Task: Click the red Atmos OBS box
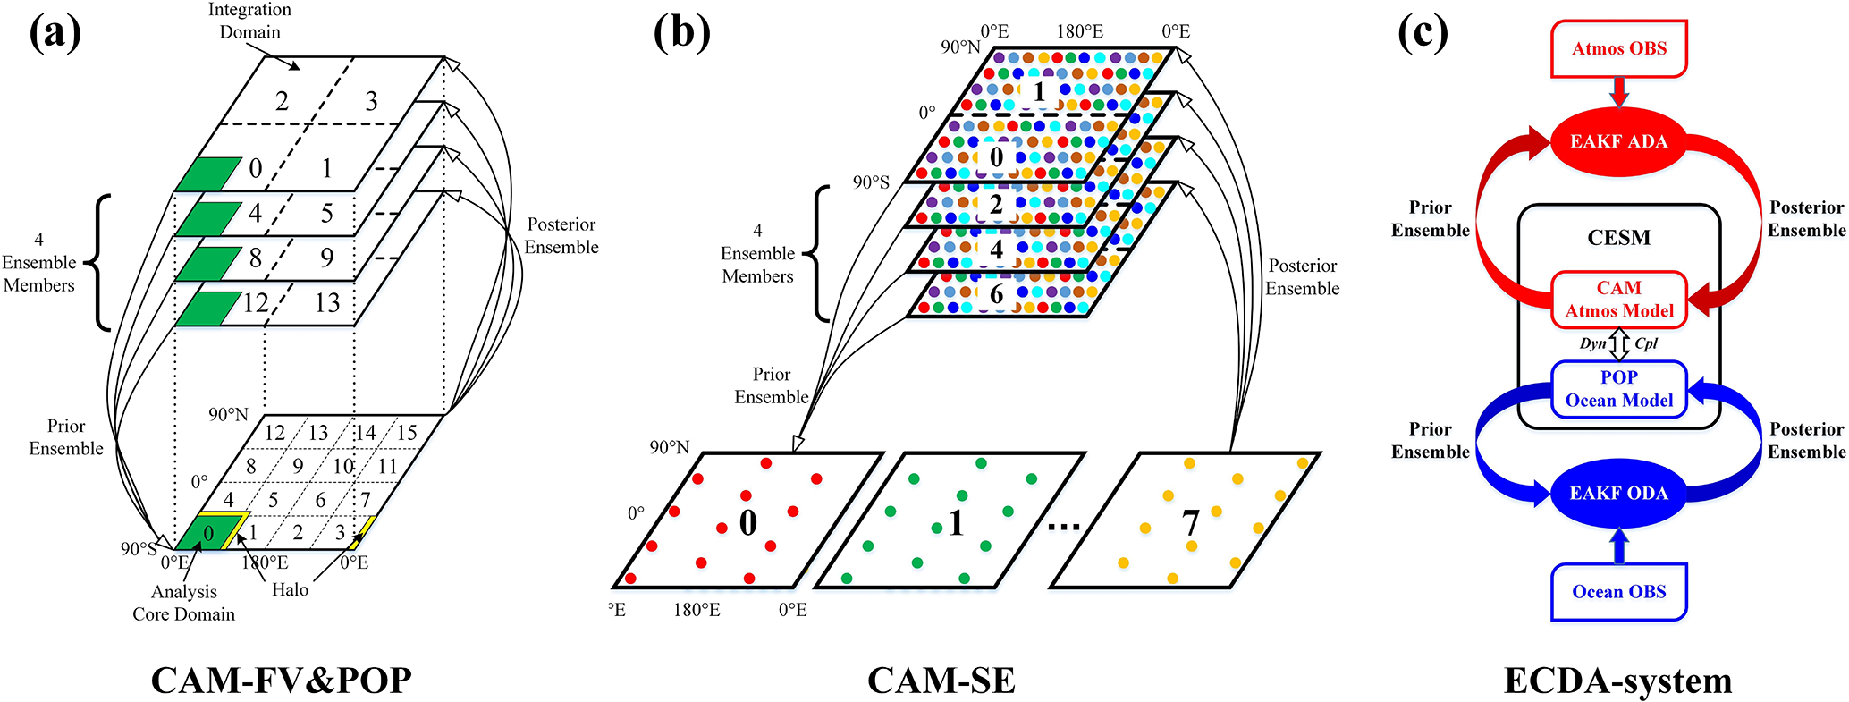(1618, 48)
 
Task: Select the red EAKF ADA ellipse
(1618, 141)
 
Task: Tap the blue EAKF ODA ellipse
(1618, 493)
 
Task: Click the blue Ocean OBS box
(1618, 591)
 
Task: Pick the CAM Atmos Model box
(1618, 300)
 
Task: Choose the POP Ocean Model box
(1618, 389)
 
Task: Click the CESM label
(1618, 238)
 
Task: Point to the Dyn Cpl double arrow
(1619, 344)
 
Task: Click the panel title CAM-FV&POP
(281, 681)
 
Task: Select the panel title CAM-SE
(941, 681)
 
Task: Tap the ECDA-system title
(1617, 681)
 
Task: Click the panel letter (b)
(681, 33)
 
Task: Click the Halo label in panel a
(290, 590)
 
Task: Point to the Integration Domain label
(249, 21)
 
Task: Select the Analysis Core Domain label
(184, 603)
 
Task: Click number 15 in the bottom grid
(407, 433)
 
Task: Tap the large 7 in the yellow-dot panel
(1190, 522)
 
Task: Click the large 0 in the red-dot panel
(747, 522)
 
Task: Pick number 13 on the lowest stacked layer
(327, 303)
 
